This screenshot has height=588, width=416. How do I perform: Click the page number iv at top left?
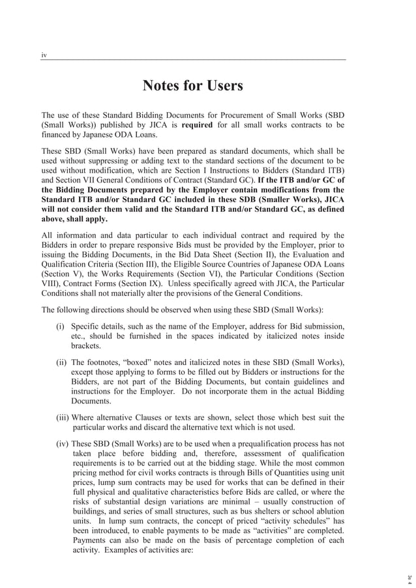pos(44,55)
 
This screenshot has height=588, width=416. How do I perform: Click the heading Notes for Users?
pos(192,86)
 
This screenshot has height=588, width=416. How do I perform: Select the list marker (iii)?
pos(62,418)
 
